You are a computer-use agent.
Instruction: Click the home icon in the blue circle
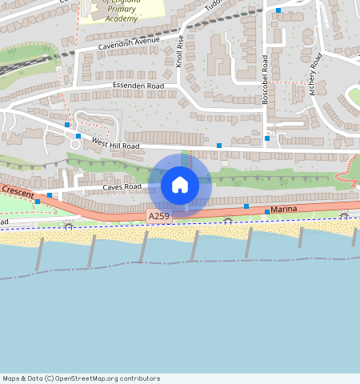[180, 185]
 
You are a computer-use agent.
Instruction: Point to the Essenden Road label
[138, 86]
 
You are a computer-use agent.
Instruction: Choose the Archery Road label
[317, 74]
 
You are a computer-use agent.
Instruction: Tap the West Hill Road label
[115, 144]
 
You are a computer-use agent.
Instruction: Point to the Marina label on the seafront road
[284, 209]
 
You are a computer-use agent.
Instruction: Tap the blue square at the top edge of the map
[278, 10]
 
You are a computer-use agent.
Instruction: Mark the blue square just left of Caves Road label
[50, 195]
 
